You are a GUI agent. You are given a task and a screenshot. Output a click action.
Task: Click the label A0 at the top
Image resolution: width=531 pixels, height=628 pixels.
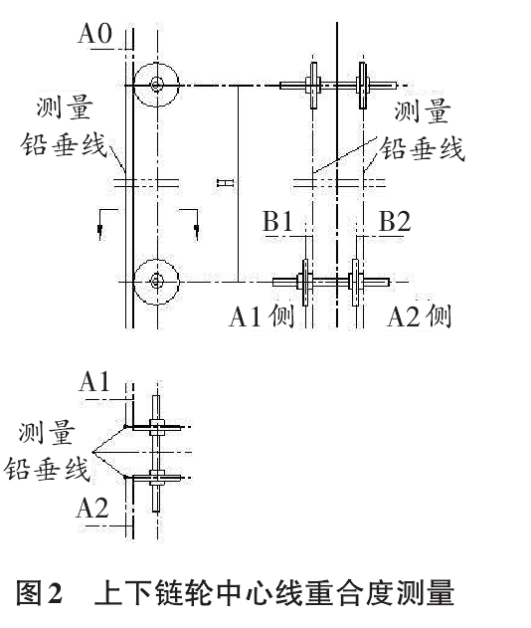click(x=94, y=33)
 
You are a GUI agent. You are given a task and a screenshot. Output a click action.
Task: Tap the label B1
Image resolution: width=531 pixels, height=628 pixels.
click(x=277, y=221)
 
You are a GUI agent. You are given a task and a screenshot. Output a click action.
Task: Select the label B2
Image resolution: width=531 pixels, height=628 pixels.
click(x=395, y=221)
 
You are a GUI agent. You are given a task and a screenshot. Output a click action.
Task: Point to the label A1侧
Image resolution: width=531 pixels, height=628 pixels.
click(x=263, y=315)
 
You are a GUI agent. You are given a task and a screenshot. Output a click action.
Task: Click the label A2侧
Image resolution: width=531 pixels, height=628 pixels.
click(x=420, y=315)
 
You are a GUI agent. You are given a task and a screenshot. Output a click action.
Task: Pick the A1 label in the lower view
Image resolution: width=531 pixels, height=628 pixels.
click(x=94, y=381)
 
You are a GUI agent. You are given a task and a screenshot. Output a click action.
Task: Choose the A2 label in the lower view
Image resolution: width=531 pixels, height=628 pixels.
click(x=92, y=508)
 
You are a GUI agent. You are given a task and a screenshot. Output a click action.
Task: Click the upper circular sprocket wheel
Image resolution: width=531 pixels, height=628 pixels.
click(x=156, y=85)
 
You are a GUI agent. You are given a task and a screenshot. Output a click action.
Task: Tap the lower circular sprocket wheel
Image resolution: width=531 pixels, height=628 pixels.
click(x=156, y=282)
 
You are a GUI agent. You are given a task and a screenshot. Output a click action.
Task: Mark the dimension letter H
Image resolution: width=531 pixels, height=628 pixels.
click(x=225, y=183)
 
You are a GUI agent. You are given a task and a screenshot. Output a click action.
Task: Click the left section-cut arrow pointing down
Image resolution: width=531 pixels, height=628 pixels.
click(x=99, y=230)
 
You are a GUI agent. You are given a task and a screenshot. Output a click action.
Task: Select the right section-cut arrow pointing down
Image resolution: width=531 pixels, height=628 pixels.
click(x=196, y=230)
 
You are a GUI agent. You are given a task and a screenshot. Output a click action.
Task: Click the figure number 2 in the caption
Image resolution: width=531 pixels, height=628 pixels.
click(x=56, y=593)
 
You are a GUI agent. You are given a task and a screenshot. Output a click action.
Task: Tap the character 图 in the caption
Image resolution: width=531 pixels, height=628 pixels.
click(x=29, y=593)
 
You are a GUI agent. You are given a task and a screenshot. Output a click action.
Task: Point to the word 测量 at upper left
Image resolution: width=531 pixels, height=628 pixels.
click(x=65, y=107)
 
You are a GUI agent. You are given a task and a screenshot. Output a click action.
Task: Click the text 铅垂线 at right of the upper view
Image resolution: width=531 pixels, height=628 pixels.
click(x=423, y=148)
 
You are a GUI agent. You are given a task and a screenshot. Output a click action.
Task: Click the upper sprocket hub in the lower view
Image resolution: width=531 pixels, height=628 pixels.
click(x=156, y=427)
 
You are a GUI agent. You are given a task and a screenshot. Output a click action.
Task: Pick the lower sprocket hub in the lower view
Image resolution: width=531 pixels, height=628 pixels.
click(x=156, y=478)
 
